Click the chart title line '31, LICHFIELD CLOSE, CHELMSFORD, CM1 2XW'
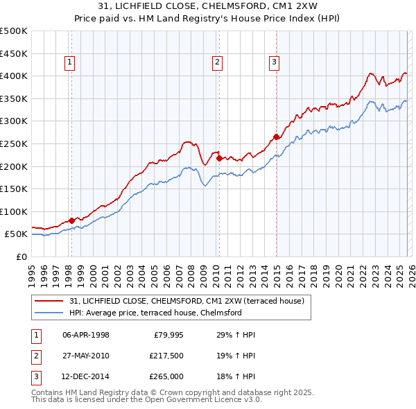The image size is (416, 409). (208, 7)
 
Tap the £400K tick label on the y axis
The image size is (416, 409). (14, 76)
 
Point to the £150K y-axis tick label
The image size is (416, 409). (14, 189)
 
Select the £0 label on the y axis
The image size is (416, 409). (21, 256)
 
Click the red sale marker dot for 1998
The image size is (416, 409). (71, 220)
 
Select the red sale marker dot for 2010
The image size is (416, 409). (219, 158)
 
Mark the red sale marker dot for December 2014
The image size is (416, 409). (276, 137)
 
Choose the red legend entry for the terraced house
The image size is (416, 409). (191, 301)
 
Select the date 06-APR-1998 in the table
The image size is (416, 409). (86, 335)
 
